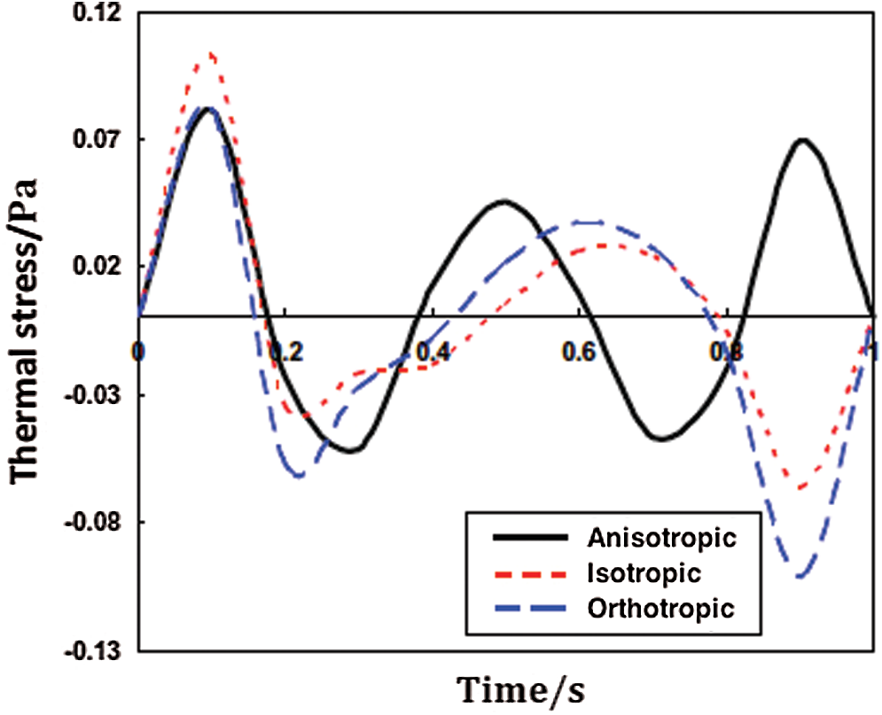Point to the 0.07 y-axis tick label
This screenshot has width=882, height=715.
tap(104, 139)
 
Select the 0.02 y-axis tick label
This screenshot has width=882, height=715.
tap(104, 267)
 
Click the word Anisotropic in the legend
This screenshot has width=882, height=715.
tap(661, 538)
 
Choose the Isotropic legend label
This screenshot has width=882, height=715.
tap(644, 572)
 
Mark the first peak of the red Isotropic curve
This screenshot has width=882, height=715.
tap(209, 54)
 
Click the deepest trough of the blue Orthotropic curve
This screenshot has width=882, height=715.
tap(800, 577)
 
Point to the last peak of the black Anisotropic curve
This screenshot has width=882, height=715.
tap(801, 140)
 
